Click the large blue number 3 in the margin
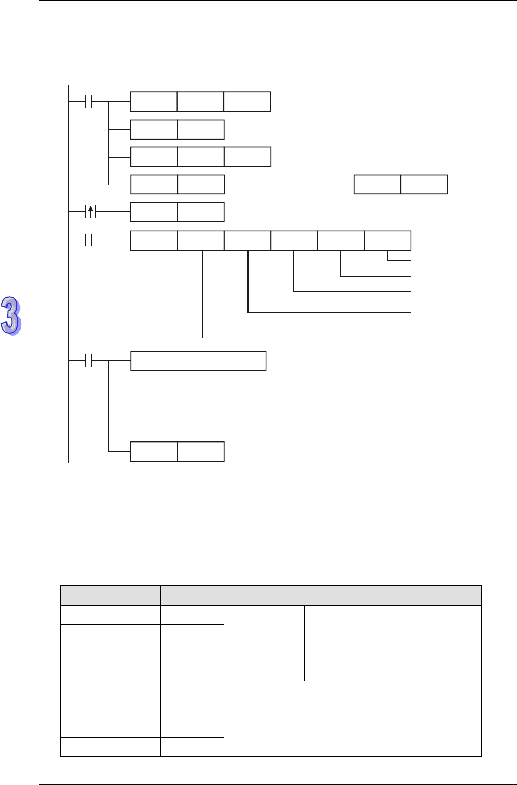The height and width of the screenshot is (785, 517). [x=11, y=316]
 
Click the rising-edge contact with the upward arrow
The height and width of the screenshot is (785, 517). [x=91, y=212]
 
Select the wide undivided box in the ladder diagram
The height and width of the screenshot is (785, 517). [x=198, y=361]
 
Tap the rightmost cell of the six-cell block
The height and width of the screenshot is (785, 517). [x=387, y=240]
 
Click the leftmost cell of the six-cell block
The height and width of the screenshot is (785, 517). [x=154, y=240]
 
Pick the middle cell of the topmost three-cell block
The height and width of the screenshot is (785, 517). [x=200, y=102]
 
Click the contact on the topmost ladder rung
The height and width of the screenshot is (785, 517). [x=90, y=102]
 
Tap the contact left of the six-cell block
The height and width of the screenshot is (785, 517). [x=90, y=240]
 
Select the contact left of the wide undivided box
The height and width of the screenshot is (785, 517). [x=90, y=361]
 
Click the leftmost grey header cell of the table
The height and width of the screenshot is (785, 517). [x=110, y=595]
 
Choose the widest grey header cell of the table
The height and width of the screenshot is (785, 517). [x=352, y=595]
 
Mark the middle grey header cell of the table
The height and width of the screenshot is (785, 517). [x=192, y=595]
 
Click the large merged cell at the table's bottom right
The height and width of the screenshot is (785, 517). [x=352, y=719]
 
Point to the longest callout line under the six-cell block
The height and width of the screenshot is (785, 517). [x=306, y=338]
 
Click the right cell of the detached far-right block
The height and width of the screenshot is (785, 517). [x=424, y=184]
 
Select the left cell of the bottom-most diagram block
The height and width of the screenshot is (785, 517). [x=154, y=452]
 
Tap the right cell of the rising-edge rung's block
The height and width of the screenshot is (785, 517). [x=200, y=212]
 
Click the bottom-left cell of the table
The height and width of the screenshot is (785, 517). [x=110, y=747]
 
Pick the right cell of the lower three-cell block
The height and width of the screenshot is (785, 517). [x=247, y=157]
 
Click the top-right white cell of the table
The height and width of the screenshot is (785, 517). [x=393, y=624]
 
